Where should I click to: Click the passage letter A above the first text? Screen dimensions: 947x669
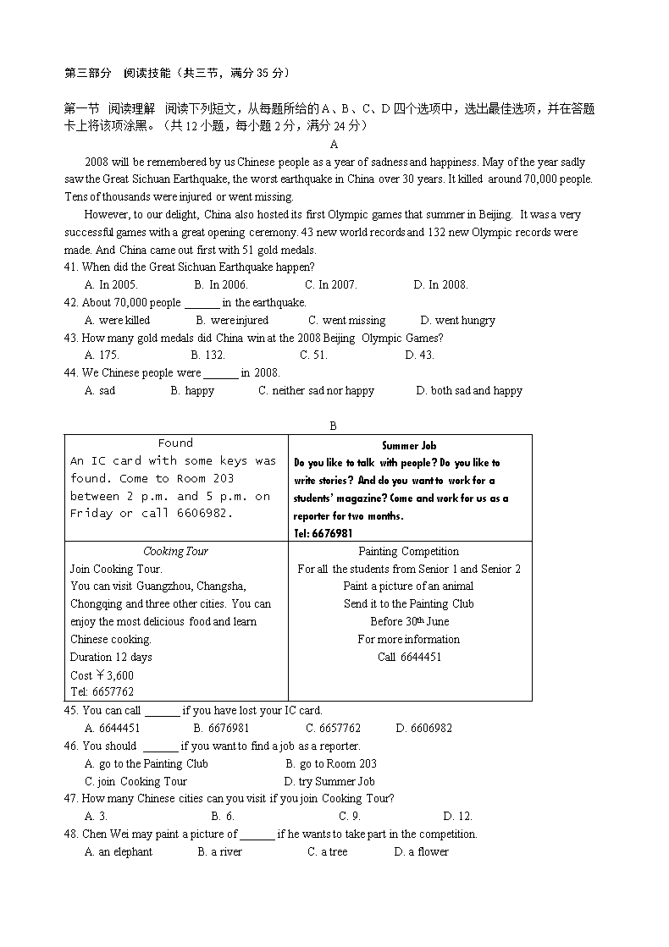click(334, 144)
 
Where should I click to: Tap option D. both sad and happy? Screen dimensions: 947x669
click(469, 391)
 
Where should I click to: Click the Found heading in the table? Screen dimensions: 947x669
click(175, 443)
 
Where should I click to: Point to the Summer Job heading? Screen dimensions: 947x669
click(409, 445)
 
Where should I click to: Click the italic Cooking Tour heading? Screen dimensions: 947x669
click(175, 552)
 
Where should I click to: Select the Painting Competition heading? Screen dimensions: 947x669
click(409, 552)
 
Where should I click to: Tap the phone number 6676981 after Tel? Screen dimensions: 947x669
click(333, 534)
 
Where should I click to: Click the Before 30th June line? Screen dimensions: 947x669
click(409, 622)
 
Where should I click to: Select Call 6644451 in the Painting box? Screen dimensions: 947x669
click(409, 658)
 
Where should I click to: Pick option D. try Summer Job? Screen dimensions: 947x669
click(329, 782)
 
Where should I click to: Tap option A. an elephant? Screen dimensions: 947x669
click(119, 852)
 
